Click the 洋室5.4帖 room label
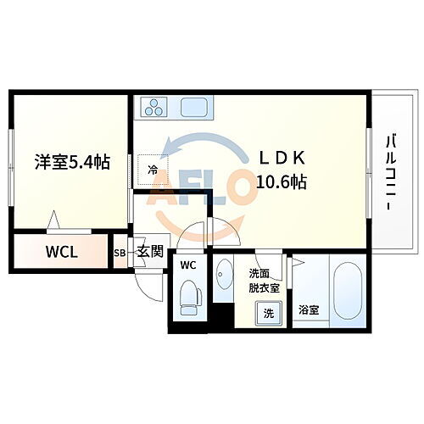tap(72, 162)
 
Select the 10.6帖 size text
tap(281, 181)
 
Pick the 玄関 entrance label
tap(150, 252)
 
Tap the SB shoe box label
tap(120, 253)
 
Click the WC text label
tap(187, 265)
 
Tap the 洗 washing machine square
tap(269, 313)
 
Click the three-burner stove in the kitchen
tap(155, 108)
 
